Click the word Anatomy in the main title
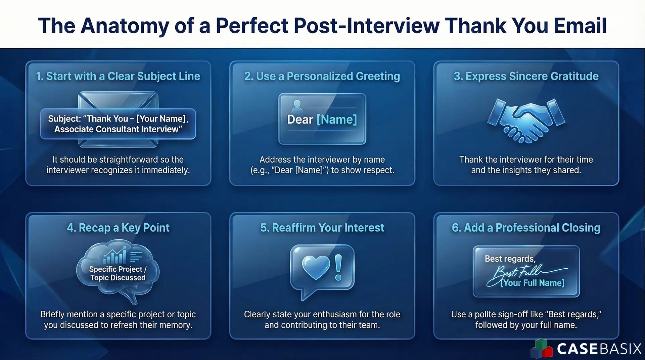coord(125,26)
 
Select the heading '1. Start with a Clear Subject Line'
coord(118,76)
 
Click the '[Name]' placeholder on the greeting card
coord(336,119)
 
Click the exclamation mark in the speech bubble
coord(338,267)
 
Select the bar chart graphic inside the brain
coord(115,256)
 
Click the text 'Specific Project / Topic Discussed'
coord(118,273)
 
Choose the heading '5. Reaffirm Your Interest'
coord(322,228)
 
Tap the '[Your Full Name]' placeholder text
coord(532,283)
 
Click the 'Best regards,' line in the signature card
coord(510,259)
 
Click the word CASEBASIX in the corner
coord(599,349)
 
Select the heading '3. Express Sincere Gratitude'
coord(526,76)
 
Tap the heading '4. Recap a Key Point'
coord(118,228)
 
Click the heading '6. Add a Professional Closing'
coord(526,228)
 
